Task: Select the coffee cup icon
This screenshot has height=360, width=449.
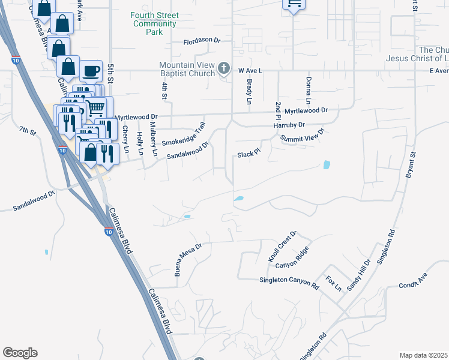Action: coord(91,72)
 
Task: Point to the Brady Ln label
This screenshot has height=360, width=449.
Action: coord(249,91)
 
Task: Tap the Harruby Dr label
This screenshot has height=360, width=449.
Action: coord(289,125)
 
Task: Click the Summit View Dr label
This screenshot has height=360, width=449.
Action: coord(303,136)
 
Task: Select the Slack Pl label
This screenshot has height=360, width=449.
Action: coord(247,154)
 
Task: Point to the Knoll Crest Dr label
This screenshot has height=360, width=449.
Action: coord(282,246)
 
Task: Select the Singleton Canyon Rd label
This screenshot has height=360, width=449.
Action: coord(289,280)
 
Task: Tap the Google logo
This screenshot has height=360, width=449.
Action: coord(20,353)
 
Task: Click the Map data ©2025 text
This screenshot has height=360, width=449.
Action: coord(423,355)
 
